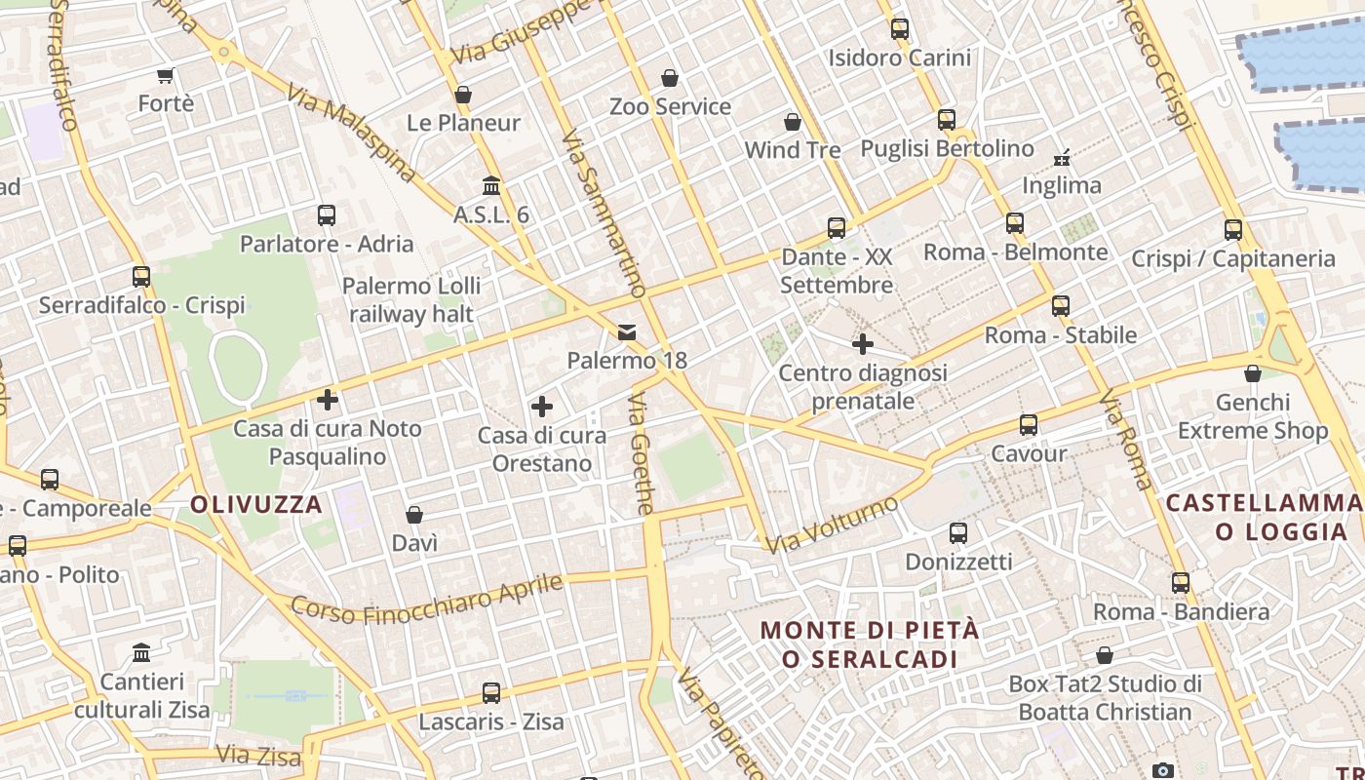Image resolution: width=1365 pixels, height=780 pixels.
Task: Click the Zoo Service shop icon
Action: pos(670,78)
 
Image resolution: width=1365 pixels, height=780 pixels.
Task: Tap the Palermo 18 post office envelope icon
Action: pos(627,332)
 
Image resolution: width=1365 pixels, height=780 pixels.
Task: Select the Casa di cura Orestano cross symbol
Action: pos(542,407)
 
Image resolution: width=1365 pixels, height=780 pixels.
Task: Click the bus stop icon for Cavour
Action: pos(1029,425)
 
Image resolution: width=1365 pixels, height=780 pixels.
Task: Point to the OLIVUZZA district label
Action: pos(256,504)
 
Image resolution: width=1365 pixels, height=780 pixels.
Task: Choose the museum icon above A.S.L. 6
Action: pos(491,185)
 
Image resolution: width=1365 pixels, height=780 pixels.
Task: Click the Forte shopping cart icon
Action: pos(166,75)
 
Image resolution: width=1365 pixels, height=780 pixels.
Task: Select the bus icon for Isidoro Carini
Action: pos(900,29)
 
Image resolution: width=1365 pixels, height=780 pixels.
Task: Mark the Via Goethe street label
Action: pos(641,454)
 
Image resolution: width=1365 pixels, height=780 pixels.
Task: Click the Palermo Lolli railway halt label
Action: pos(411,299)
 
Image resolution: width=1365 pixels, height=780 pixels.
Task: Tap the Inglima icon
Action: pos(1062,157)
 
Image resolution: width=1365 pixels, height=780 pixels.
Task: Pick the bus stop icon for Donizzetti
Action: pos(958,533)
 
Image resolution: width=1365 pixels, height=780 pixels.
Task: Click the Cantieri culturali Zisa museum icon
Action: pos(141,652)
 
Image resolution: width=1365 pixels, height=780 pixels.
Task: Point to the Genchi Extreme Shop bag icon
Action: pos(1253,373)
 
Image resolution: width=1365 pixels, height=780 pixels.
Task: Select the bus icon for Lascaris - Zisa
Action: pos(491,693)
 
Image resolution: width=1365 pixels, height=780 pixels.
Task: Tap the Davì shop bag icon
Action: pos(414,515)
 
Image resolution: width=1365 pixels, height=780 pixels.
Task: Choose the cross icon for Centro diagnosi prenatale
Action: pos(863,344)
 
